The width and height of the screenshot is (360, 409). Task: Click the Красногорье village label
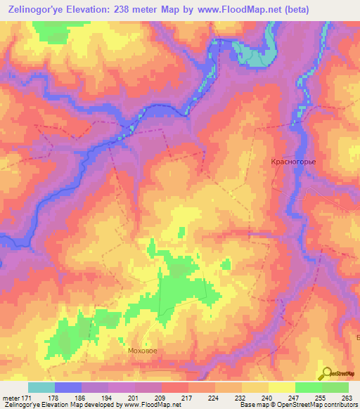[294, 162]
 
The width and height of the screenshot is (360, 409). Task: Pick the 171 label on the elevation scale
[31, 398]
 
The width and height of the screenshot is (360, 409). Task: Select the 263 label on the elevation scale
[346, 398]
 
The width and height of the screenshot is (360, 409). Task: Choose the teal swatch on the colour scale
[41, 387]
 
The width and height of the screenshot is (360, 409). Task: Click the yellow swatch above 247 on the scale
[282, 387]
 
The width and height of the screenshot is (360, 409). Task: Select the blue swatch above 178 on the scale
[68, 387]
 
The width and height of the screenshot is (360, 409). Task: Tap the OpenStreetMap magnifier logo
[326, 374]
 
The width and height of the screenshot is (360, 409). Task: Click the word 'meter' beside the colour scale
[11, 398]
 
